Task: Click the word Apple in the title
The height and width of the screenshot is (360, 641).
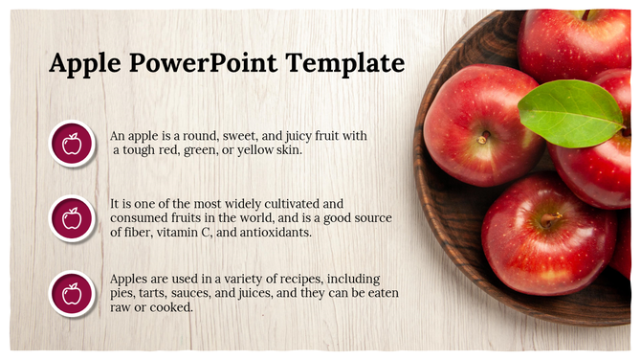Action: coord(85,64)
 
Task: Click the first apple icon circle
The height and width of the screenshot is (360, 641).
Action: coord(72,144)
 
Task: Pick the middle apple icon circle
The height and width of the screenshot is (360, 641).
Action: coord(72,218)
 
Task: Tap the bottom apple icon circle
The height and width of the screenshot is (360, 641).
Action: coord(72,294)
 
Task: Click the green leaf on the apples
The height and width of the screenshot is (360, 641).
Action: coord(570,113)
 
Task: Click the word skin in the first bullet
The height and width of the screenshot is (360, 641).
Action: coord(286,150)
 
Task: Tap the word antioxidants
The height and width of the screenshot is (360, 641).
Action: coord(277,233)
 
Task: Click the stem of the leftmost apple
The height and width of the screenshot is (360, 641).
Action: coord(482,139)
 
